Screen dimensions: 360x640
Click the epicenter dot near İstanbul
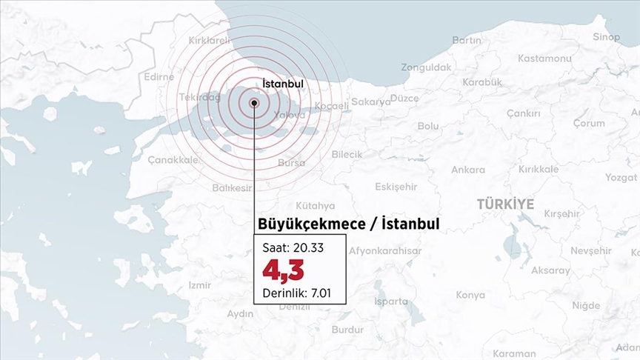tap(254, 104)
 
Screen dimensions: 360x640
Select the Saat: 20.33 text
tap(292, 246)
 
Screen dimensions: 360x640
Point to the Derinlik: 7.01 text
tap(296, 293)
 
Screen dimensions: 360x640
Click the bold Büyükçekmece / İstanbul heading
tap(348, 223)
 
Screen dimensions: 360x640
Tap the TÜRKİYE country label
tap(505, 203)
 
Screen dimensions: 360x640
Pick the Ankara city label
tap(468, 170)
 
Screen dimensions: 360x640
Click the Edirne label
tap(159, 76)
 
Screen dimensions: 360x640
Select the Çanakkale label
tap(173, 159)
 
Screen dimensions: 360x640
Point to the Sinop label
tap(606, 37)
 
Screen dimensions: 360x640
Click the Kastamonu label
tap(544, 58)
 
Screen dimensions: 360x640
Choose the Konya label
tap(470, 295)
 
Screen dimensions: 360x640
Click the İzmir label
tap(200, 284)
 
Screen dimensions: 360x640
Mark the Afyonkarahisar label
tap(385, 251)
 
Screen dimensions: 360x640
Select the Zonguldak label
tap(426, 67)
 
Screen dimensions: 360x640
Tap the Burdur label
tap(347, 329)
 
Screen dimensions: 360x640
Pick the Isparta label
tap(390, 301)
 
